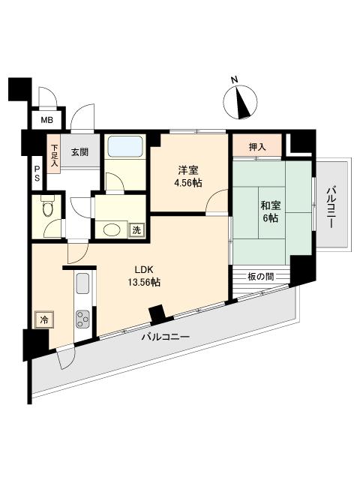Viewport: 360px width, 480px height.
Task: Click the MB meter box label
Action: [x=46, y=120]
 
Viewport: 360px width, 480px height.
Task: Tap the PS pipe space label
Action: [x=37, y=174]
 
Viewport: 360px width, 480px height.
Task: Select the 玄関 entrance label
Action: [x=80, y=151]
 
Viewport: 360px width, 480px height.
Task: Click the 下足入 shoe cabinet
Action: [x=55, y=155]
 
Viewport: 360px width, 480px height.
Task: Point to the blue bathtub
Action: [x=125, y=147]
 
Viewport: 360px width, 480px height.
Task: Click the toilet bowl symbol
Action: [x=47, y=208]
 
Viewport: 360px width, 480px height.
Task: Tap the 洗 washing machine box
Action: [x=136, y=230]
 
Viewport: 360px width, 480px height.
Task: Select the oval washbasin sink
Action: [x=112, y=230]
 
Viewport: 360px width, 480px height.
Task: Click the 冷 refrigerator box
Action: [x=44, y=320]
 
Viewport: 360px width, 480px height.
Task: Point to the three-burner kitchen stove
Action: [x=83, y=319]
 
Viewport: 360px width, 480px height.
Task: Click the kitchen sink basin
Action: [x=82, y=283]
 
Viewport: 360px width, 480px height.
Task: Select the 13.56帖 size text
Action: [x=144, y=282]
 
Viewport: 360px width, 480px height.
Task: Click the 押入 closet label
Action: [x=257, y=147]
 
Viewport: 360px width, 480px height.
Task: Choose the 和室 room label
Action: [x=271, y=205]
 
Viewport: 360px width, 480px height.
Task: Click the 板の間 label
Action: [x=260, y=277]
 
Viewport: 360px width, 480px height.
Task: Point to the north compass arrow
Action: [x=243, y=102]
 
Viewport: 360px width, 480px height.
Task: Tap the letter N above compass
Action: [x=234, y=80]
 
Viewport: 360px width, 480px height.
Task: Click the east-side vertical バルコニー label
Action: [x=331, y=208]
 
